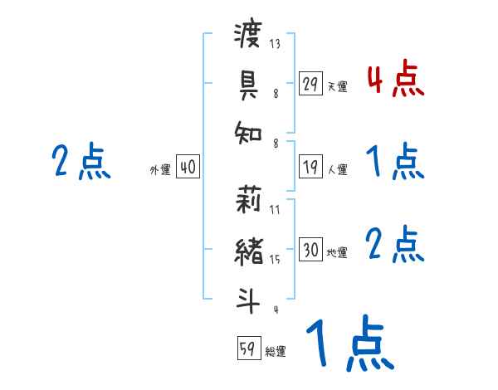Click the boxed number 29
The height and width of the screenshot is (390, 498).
pyautogui.click(x=310, y=84)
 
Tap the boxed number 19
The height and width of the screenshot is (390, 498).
pyautogui.click(x=310, y=167)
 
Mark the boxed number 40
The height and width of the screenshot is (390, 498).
pyautogui.click(x=188, y=167)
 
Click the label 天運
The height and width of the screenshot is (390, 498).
pyautogui.click(x=337, y=86)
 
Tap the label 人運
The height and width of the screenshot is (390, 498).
pyautogui.click(x=337, y=169)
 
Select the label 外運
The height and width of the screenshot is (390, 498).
pyautogui.click(x=160, y=169)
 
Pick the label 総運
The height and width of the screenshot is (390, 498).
pyautogui.click(x=276, y=352)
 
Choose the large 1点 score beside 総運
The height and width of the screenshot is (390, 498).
pyautogui.click(x=349, y=344)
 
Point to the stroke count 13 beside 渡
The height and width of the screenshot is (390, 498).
pyautogui.click(x=275, y=44)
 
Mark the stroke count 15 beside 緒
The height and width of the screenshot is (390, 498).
pyautogui.click(x=275, y=260)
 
